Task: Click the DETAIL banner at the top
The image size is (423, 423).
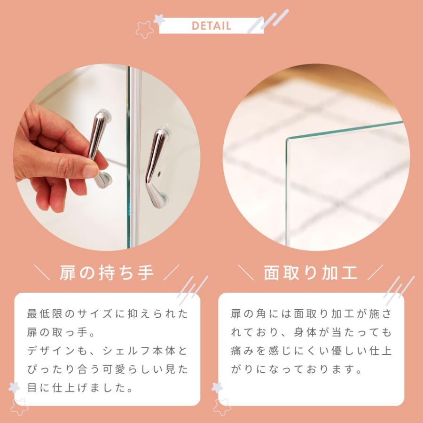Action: [x=211, y=25]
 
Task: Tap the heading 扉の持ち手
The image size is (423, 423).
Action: [x=107, y=272]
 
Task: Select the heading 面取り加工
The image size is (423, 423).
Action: [x=311, y=272]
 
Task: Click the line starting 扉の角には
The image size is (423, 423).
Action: [x=311, y=313]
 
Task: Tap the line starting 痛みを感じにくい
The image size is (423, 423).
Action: [x=311, y=351]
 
